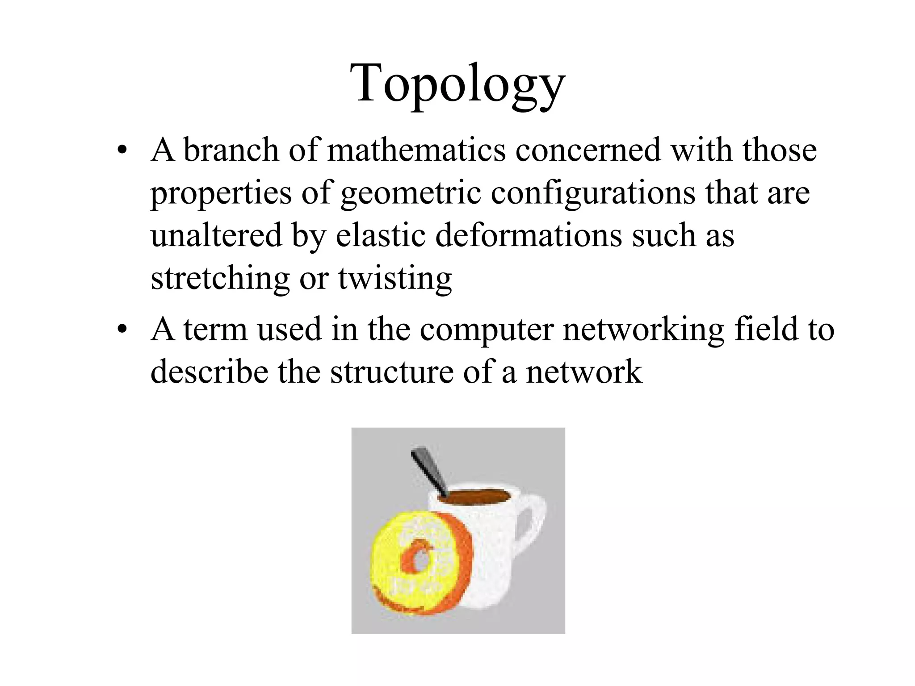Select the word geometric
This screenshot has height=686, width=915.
click(411, 193)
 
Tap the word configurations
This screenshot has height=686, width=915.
click(593, 193)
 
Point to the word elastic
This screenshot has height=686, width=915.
click(380, 235)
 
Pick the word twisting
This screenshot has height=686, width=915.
click(395, 278)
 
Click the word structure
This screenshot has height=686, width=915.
click(392, 372)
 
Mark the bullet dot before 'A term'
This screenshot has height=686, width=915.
click(122, 330)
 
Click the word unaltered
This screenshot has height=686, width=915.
click(217, 235)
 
